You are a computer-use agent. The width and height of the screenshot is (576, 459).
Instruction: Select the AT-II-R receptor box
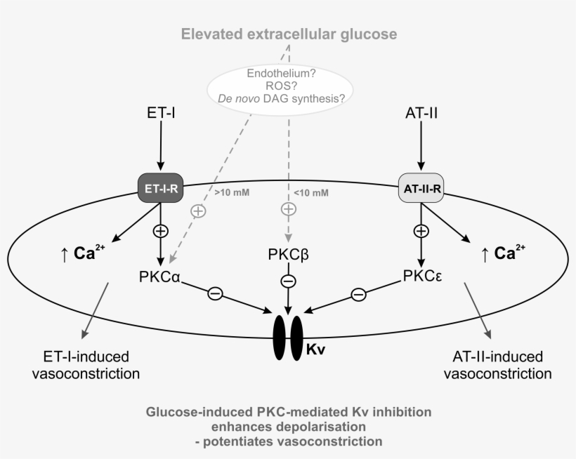pyautogui.click(x=420, y=187)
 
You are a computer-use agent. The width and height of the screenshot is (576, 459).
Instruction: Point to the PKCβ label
pyautogui.click(x=287, y=253)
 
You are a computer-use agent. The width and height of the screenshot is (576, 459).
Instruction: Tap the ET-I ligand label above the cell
pyautogui.click(x=161, y=112)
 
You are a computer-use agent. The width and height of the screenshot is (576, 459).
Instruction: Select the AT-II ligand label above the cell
pyautogui.click(x=421, y=112)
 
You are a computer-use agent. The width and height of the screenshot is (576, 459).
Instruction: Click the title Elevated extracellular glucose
pyautogui.click(x=289, y=34)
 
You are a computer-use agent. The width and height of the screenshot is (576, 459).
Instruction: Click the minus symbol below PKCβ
pyautogui.click(x=288, y=281)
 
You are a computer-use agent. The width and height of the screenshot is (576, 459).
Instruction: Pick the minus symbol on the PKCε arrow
pyautogui.click(x=358, y=295)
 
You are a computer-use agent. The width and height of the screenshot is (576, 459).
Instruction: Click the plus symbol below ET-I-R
pyautogui.click(x=161, y=230)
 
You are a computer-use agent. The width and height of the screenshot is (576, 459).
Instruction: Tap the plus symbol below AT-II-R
pyautogui.click(x=421, y=230)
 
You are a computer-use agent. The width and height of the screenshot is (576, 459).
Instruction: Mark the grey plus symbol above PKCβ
pyautogui.click(x=288, y=208)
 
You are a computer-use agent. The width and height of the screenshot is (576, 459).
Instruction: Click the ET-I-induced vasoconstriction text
pyautogui.click(x=86, y=365)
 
